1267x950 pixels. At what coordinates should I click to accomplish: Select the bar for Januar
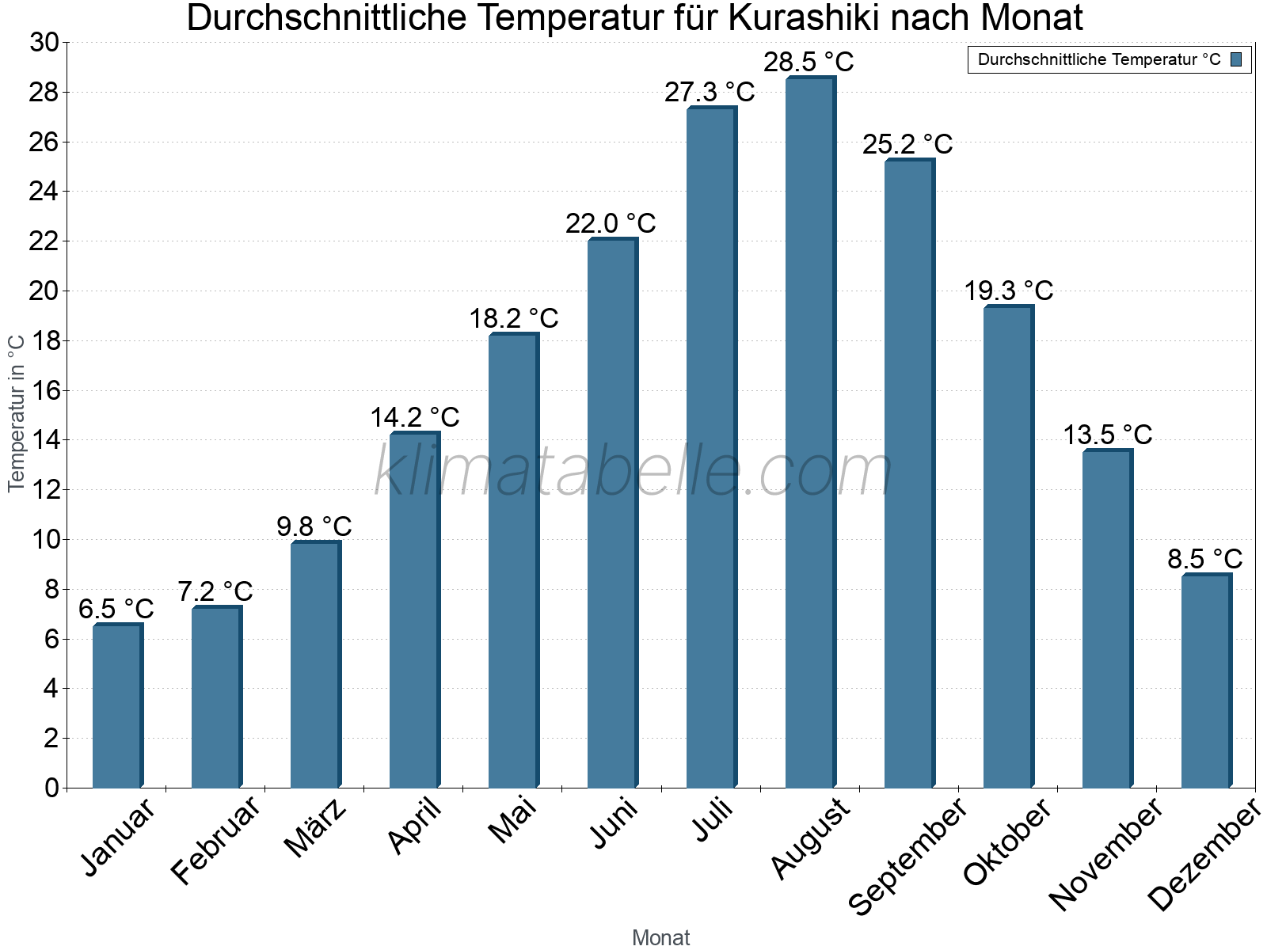[x=117, y=706]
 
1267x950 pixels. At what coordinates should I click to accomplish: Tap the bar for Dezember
[x=1206, y=681]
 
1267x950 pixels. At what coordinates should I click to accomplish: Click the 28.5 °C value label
[x=809, y=62]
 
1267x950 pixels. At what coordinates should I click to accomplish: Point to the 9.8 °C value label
[x=314, y=526]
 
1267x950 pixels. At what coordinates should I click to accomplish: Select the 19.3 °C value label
[x=1008, y=291]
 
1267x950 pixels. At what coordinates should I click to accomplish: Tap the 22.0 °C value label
[x=611, y=223]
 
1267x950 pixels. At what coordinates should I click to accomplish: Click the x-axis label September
[x=907, y=855]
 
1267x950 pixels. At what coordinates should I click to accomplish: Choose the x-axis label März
[x=315, y=828]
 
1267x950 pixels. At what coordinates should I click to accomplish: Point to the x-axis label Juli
[x=713, y=819]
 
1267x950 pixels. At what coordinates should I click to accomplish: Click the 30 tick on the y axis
[x=44, y=43]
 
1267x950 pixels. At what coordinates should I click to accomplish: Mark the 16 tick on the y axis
[x=44, y=390]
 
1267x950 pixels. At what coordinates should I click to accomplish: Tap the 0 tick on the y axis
[x=51, y=788]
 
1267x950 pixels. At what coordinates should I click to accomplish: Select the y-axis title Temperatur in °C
[x=17, y=413]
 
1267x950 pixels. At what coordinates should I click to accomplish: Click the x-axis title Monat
[x=660, y=937]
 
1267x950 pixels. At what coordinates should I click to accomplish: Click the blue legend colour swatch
[x=1236, y=59]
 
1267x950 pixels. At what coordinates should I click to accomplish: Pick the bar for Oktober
[x=1008, y=546]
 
